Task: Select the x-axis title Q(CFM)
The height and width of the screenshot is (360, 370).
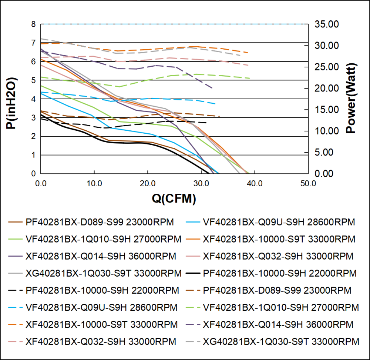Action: tap(174, 199)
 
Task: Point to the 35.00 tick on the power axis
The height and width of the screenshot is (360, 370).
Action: tap(326, 24)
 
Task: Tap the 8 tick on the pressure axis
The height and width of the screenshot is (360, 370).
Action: tap(33, 24)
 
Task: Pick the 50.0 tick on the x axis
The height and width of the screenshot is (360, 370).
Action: tap(308, 183)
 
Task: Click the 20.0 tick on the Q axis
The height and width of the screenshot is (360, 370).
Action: tap(148, 183)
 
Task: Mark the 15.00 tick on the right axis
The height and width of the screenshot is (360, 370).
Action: tap(326, 110)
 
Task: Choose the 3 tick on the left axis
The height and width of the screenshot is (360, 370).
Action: tap(33, 118)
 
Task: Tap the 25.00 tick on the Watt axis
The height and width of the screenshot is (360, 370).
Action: tap(326, 67)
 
